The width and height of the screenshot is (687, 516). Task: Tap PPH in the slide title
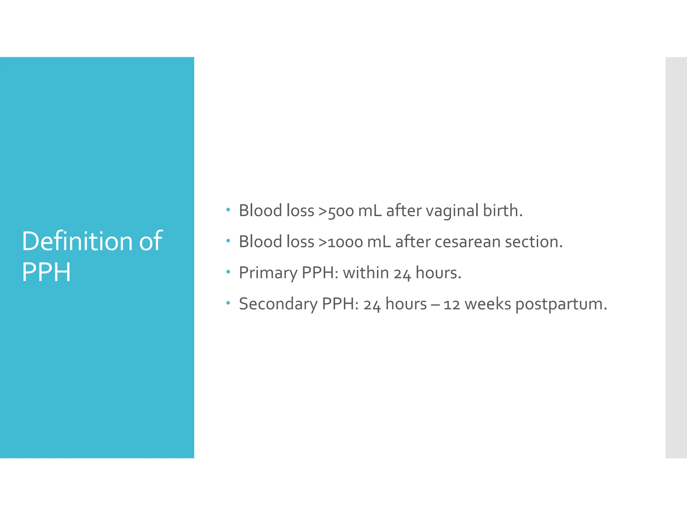(46, 272)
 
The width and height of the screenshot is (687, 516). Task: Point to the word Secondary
(278, 304)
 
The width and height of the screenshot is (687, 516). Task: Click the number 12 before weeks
(452, 304)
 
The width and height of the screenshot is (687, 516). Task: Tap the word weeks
(488, 304)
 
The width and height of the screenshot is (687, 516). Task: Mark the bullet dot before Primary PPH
(228, 272)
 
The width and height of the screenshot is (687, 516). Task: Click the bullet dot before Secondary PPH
(228, 303)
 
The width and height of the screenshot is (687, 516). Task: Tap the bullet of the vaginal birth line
(228, 210)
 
